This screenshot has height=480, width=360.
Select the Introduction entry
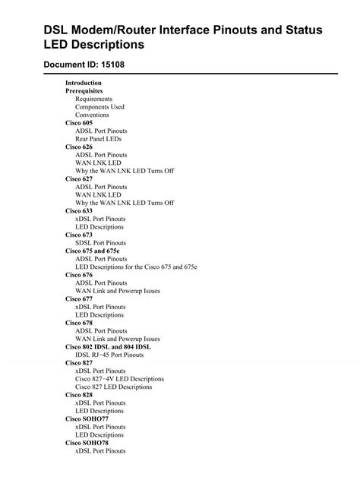click(84, 83)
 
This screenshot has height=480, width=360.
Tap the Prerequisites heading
click(84, 91)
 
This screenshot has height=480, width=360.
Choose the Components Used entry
click(99, 107)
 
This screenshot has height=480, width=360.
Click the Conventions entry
click(92, 115)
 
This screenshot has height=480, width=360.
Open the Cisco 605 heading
click(79, 123)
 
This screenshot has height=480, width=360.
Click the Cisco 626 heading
click(79, 147)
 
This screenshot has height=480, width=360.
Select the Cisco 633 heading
click(79, 211)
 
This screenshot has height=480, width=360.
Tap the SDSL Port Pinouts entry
click(101, 243)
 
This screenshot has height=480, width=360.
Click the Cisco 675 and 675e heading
click(93, 251)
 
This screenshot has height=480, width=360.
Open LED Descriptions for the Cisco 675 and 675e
click(136, 267)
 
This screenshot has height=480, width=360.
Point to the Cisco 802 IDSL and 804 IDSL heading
click(108, 347)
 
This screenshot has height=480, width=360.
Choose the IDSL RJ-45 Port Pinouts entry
click(109, 355)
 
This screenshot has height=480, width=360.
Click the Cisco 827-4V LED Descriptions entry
click(119, 379)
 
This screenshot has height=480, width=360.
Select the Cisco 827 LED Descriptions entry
click(113, 387)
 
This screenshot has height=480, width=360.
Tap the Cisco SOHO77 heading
click(87, 419)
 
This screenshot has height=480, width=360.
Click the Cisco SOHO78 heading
click(87, 443)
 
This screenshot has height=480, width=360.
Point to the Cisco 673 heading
click(79, 235)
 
